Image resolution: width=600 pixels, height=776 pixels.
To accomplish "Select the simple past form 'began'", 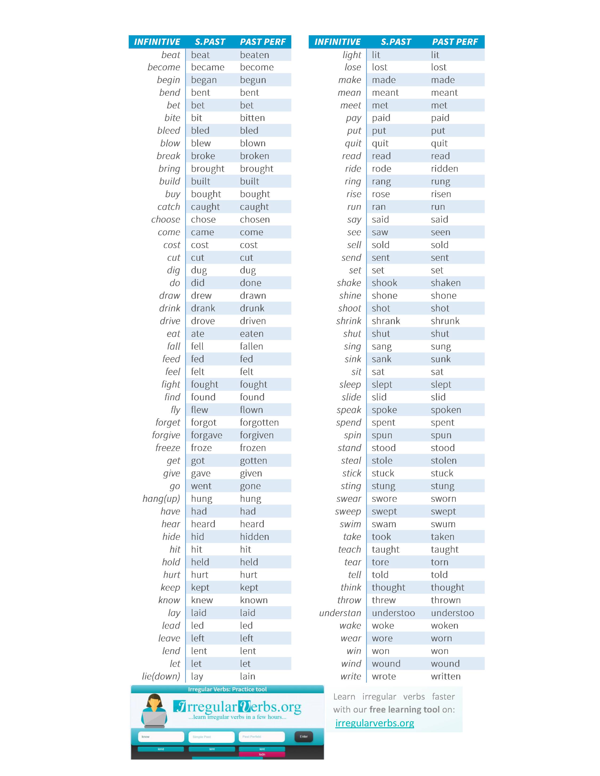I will click(x=204, y=80).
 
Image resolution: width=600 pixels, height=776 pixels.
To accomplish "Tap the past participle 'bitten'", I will click(x=252, y=118).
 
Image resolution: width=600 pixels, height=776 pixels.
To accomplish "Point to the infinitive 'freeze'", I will click(x=168, y=448).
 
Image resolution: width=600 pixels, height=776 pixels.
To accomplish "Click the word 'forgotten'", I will click(x=259, y=423).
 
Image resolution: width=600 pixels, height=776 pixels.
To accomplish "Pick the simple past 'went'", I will click(x=201, y=486).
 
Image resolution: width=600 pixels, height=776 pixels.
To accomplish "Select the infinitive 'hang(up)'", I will click(x=161, y=499).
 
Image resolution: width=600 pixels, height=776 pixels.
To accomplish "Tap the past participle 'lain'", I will click(x=247, y=677).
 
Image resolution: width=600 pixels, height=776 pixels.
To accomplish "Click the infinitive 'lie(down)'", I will click(x=161, y=677).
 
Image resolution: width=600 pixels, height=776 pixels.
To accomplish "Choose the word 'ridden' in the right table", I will click(x=444, y=169).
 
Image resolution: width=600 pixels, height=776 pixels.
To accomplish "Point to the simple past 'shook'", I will click(x=384, y=283).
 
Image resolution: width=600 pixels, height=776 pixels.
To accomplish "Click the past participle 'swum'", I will click(x=443, y=524).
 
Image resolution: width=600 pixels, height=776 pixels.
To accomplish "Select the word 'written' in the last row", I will click(x=446, y=677).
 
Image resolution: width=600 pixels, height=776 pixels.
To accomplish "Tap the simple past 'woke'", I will click(x=383, y=626).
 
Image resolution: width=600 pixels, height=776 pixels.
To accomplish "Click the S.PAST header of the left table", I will click(x=210, y=42).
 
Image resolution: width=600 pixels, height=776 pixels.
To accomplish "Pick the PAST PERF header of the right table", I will click(x=455, y=42).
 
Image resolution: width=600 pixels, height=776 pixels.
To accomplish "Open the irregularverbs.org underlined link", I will click(x=375, y=723).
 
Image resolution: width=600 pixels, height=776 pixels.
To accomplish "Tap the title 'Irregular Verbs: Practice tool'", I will click(x=227, y=689).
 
